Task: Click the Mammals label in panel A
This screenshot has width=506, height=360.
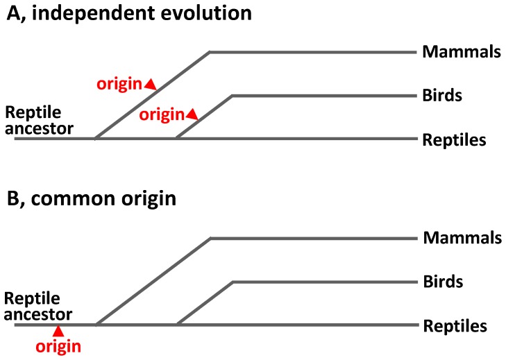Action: coord(461,51)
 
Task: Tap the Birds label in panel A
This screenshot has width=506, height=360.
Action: coord(442,95)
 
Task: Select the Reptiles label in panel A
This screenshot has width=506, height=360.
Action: coord(454,139)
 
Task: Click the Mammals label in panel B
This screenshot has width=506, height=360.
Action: coord(461,238)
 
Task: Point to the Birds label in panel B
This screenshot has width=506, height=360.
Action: coord(442,282)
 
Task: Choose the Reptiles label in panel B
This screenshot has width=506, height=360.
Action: coord(454,325)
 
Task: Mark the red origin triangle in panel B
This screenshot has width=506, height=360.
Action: coord(59,331)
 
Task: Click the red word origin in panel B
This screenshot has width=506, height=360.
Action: coord(58,345)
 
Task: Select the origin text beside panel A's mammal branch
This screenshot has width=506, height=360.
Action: coord(119,85)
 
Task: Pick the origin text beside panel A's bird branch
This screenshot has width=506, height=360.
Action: coord(162,114)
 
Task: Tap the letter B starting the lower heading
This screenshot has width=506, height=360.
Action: coord(12,199)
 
